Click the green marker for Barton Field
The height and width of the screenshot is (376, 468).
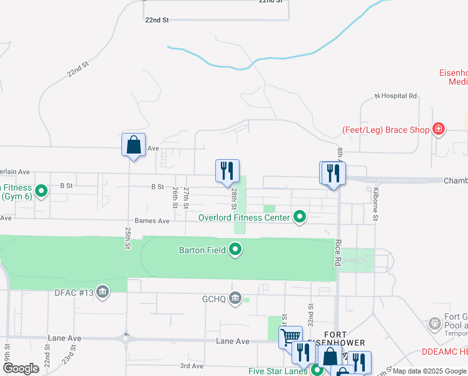[236, 250]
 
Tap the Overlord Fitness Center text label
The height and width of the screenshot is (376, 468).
[244, 217]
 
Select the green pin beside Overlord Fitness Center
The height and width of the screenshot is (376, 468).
[300, 217]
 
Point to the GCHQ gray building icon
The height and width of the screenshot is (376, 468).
[236, 298]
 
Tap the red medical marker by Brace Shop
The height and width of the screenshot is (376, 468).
[439, 130]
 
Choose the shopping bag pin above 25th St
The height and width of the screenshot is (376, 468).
[133, 145]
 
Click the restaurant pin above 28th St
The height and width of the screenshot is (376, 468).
[227, 170]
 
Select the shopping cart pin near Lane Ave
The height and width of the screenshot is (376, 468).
[290, 337]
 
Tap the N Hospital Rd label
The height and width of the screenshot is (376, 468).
[395, 96]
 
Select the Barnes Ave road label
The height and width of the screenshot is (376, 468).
[152, 221]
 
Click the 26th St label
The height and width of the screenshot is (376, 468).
[175, 197]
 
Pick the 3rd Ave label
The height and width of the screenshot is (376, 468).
[192, 366]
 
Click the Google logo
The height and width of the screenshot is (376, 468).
[21, 368]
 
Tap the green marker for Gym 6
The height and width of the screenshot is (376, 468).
[42, 191]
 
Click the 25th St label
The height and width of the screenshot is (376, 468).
[128, 238]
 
